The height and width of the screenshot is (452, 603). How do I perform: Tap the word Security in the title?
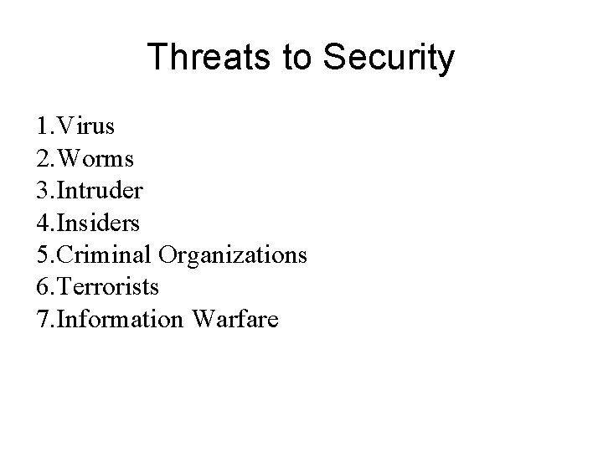click(x=388, y=59)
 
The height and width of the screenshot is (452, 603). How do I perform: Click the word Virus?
click(x=86, y=127)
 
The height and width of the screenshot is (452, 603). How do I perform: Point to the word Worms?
click(x=94, y=159)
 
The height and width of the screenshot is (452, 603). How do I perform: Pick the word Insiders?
click(x=99, y=223)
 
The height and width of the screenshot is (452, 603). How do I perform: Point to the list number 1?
click(x=43, y=127)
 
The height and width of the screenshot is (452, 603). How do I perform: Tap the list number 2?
click(x=43, y=159)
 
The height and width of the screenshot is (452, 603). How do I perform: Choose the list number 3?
click(x=43, y=191)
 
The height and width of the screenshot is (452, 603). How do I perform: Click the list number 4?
click(x=43, y=223)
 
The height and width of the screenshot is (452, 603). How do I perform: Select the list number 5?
click(x=43, y=254)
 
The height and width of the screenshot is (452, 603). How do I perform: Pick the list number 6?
click(x=43, y=286)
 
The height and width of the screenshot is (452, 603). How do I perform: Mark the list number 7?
click(x=43, y=318)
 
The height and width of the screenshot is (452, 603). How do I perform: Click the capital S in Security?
click(x=330, y=57)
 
